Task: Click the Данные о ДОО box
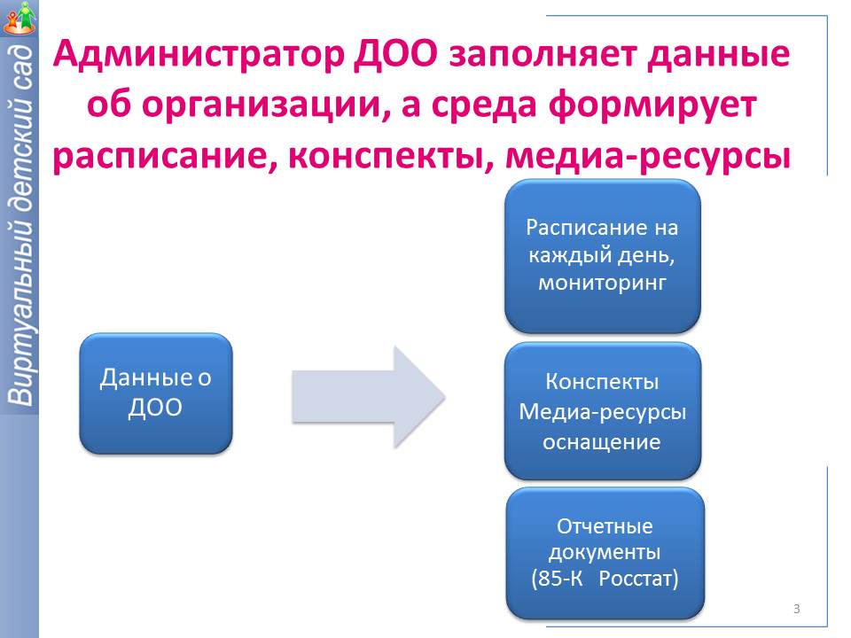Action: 156,393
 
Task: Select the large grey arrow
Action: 367,394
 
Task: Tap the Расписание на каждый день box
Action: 603,256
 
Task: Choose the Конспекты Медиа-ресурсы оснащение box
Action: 603,411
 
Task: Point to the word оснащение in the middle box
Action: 602,441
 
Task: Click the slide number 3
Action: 796,609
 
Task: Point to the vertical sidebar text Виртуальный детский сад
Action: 19,226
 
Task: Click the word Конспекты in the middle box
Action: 602,383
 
